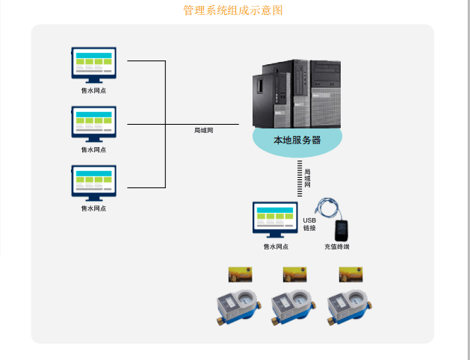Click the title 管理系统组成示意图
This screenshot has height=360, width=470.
[x=233, y=10]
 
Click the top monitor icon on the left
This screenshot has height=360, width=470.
[x=93, y=64]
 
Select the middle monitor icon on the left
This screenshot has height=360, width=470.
[x=93, y=123]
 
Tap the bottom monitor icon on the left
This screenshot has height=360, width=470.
[x=93, y=182]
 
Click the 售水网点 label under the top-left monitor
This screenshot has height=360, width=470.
[x=93, y=90]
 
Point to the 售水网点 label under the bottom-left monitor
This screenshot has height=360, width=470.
[x=93, y=208]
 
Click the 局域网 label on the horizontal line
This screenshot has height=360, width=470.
[x=204, y=131]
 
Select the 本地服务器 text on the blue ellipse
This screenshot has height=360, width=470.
[x=297, y=140]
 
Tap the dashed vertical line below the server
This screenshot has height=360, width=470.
[x=300, y=179]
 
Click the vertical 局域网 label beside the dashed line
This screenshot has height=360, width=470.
[x=308, y=178]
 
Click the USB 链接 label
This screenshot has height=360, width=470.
[x=309, y=223]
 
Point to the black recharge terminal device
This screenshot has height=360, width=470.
[x=343, y=229]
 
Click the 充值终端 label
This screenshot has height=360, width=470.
[x=337, y=246]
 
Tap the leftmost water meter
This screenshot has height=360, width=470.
[x=238, y=306]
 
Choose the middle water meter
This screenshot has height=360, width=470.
[x=292, y=306]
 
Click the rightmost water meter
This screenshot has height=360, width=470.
[x=350, y=306]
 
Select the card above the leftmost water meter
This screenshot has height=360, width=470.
[x=239, y=274]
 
